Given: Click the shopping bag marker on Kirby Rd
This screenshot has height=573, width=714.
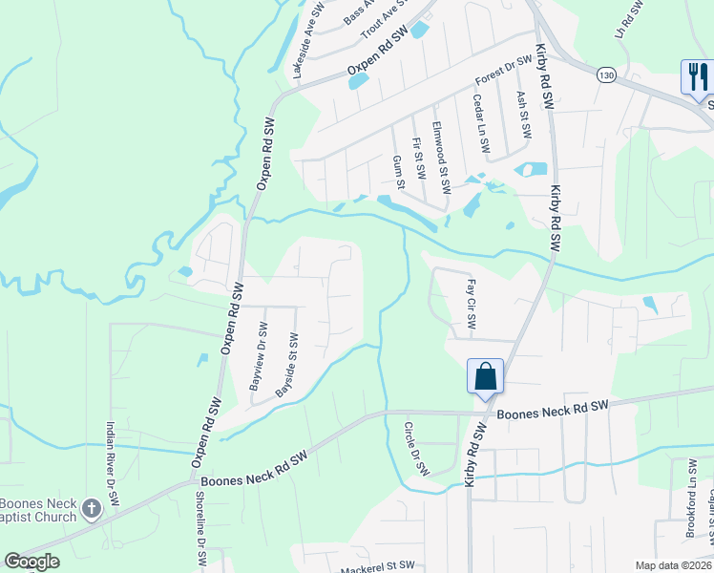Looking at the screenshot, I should (485, 375).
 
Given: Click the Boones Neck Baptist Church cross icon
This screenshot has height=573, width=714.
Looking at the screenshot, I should (91, 508).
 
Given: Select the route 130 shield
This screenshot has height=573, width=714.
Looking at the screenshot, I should (605, 74).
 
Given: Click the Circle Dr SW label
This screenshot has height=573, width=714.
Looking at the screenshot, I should (417, 449).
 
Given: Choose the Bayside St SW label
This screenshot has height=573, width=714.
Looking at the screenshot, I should (287, 365).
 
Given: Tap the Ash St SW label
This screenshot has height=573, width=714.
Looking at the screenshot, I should (522, 114).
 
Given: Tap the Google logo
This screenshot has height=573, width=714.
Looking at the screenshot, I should (31, 562).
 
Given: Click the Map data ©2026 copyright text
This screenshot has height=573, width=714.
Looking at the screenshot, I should (671, 565).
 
